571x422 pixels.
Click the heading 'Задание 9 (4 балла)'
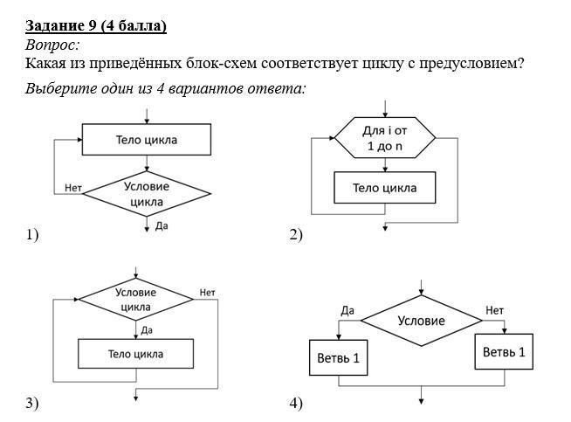tap(95, 25)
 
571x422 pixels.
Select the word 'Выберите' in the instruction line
tap(58, 89)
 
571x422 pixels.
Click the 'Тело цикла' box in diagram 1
tap(146, 139)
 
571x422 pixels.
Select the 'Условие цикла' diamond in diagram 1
tap(147, 194)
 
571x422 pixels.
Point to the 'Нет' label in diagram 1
tap(73, 188)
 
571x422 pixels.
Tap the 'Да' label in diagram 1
tap(162, 225)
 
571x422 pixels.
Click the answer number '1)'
tap(32, 235)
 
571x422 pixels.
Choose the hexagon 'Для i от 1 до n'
tap(385, 138)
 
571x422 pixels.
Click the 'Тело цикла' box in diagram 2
tap(384, 188)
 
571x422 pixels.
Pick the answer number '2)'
tap(295, 235)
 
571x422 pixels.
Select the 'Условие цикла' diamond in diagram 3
tap(135, 300)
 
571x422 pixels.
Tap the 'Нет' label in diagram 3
tap(207, 292)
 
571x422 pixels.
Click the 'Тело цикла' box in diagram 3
tap(135, 354)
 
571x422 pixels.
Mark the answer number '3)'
tap(32, 403)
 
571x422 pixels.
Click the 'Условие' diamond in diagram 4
tap(421, 321)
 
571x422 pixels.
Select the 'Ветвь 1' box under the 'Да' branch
tap(338, 358)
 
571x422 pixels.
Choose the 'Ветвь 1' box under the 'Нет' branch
tap(505, 352)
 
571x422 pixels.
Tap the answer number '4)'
tap(295, 403)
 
